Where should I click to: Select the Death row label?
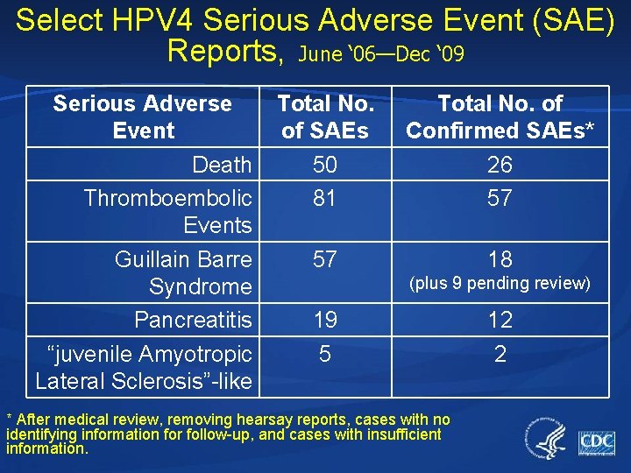pos(222,165)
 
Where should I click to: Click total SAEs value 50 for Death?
pos(325,165)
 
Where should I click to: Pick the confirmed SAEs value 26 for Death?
pos(500,165)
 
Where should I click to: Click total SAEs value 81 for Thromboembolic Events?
pos(325,198)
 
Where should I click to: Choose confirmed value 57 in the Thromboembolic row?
pos(500,198)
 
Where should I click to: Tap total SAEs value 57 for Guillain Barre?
pos(325,259)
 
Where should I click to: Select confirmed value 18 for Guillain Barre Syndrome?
pos(500,259)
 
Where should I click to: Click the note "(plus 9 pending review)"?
pos(500,284)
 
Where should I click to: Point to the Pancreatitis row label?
pos(193,320)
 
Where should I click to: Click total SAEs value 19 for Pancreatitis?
pos(325,320)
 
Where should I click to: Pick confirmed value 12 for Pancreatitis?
pos(500,320)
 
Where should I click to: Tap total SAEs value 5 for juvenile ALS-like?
pos(325,354)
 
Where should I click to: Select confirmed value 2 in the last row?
pos(500,354)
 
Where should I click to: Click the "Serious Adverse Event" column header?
pos(143,117)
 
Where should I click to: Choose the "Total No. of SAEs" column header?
pos(325,117)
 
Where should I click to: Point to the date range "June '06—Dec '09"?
pos(381,54)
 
